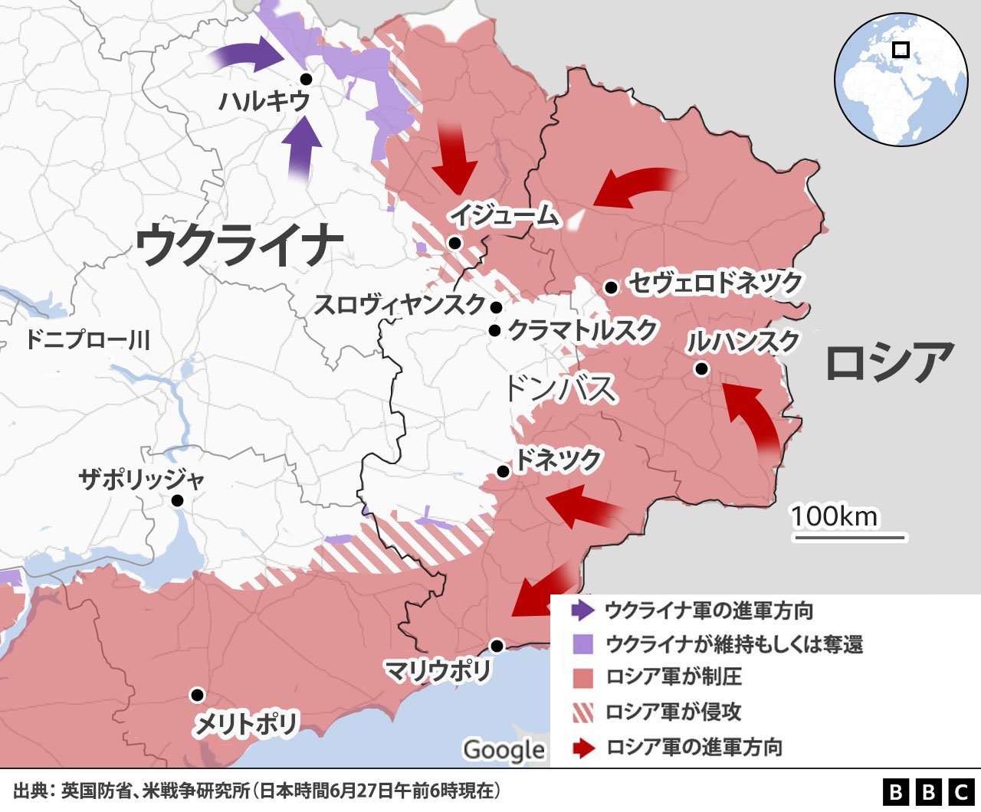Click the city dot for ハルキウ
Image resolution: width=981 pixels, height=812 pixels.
coord(306,79)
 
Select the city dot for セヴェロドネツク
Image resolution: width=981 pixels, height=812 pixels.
coord(611,287)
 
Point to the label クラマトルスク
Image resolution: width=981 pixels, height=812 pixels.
coord(582,330)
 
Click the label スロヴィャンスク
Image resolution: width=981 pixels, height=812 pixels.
coord(400,305)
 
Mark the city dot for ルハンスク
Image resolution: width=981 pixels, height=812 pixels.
coord(701,369)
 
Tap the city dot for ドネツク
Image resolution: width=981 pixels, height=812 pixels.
coord(503,472)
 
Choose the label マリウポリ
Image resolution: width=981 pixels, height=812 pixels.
coord(438,671)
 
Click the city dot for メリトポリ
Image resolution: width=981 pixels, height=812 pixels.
coord(197,695)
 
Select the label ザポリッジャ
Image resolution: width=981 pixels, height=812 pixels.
coord(142,480)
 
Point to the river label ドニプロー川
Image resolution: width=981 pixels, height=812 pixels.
coord(87,339)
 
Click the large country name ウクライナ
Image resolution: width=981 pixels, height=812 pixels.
coord(239,244)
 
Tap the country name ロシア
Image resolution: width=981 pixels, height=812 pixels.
coord(890,362)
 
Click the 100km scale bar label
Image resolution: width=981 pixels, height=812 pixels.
coord(835,516)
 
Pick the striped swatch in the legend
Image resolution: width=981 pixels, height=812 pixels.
coord(582,712)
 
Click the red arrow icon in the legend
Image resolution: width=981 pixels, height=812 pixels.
coord(582,748)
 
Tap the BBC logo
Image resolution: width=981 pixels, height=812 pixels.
coord(928,791)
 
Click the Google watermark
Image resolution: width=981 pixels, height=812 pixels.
coord(504,750)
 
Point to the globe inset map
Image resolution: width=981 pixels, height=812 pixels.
coord(901,79)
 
